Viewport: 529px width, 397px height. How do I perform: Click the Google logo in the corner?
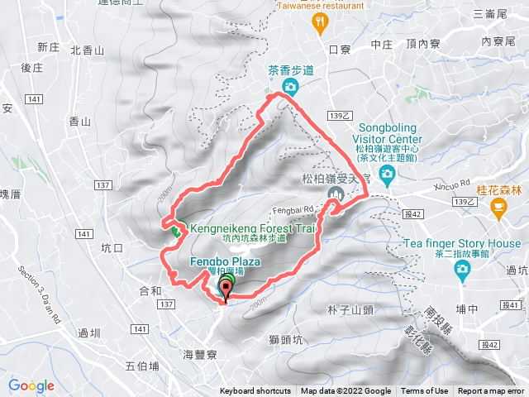31,385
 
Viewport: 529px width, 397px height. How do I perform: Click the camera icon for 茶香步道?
290,87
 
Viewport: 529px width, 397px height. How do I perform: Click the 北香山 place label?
88,50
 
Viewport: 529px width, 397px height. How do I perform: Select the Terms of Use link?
425,391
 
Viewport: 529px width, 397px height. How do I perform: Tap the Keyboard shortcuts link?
255,391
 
